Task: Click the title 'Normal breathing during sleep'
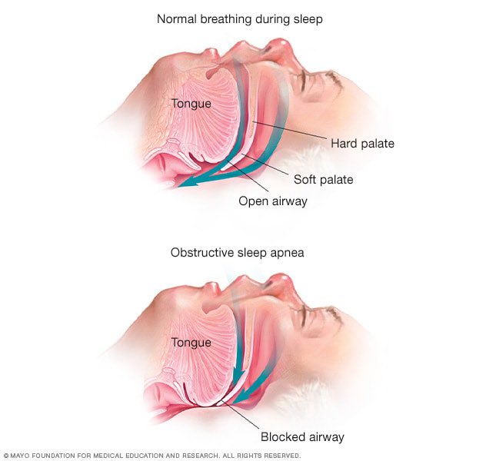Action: [239, 18]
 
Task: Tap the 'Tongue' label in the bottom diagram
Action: [191, 342]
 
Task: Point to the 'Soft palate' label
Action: [323, 180]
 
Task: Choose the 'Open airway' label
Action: [272, 201]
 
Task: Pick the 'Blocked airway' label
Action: [301, 436]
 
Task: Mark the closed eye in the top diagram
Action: [323, 77]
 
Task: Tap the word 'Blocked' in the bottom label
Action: [281, 436]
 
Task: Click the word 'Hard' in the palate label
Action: [344, 143]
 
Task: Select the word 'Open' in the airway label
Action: [251, 201]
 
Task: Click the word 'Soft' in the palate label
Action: [305, 180]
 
